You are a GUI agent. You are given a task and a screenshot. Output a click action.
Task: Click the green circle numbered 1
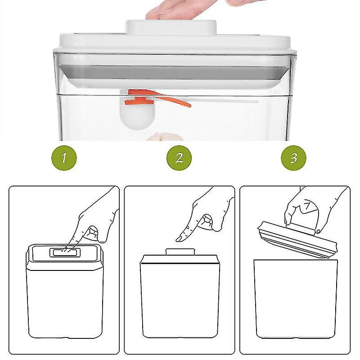[64, 157]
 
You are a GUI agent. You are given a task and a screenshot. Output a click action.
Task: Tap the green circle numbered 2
[179, 157]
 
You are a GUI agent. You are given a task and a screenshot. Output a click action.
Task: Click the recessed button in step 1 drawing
[66, 252]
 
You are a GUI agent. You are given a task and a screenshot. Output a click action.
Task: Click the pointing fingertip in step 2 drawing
[180, 238]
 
